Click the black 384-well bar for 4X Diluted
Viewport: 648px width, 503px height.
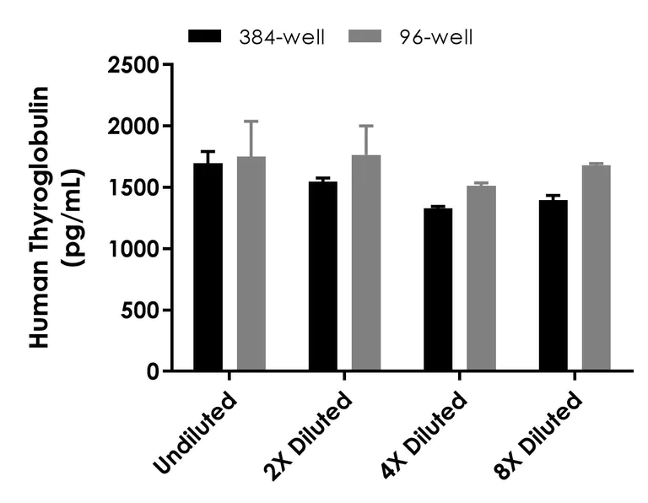tap(438, 289)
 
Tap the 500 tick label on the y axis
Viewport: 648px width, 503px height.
tap(140, 311)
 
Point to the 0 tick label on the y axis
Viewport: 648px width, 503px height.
tap(154, 372)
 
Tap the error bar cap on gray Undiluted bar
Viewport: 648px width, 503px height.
tap(251, 121)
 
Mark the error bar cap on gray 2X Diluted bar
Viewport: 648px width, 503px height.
tap(365, 126)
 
